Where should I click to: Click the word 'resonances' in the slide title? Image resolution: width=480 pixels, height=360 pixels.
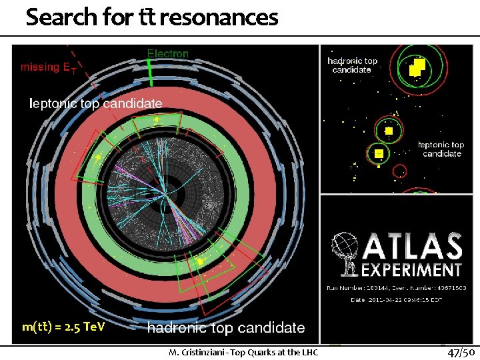219,17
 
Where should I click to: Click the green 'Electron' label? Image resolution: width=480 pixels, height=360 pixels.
168,53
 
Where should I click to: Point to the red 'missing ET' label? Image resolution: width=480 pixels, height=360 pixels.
49,67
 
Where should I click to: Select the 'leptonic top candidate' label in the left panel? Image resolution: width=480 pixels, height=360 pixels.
96,103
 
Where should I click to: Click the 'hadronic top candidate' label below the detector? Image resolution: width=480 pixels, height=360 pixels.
226,327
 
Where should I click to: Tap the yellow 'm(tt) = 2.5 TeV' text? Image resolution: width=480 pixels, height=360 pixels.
63,327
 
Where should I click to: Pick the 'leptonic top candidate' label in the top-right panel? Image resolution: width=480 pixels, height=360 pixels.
441,149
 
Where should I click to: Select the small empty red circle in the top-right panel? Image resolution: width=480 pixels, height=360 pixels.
399,171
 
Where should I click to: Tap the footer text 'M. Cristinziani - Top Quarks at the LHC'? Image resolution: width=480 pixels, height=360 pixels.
243,352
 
